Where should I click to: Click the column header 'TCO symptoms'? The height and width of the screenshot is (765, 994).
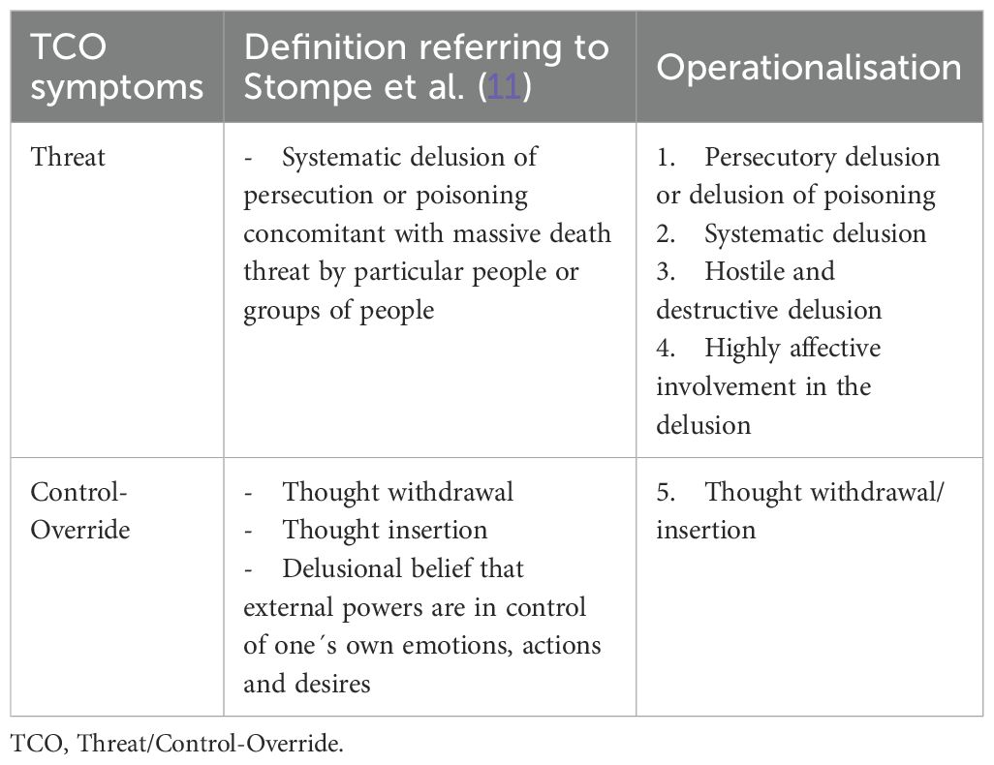[117, 68]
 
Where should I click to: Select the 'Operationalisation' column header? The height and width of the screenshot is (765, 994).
[808, 68]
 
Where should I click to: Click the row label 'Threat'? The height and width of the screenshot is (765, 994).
[68, 157]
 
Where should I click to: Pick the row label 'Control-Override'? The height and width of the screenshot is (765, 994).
[79, 510]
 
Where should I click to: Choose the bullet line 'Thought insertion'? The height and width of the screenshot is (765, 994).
[385, 530]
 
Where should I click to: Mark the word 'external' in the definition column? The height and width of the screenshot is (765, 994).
[287, 607]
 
